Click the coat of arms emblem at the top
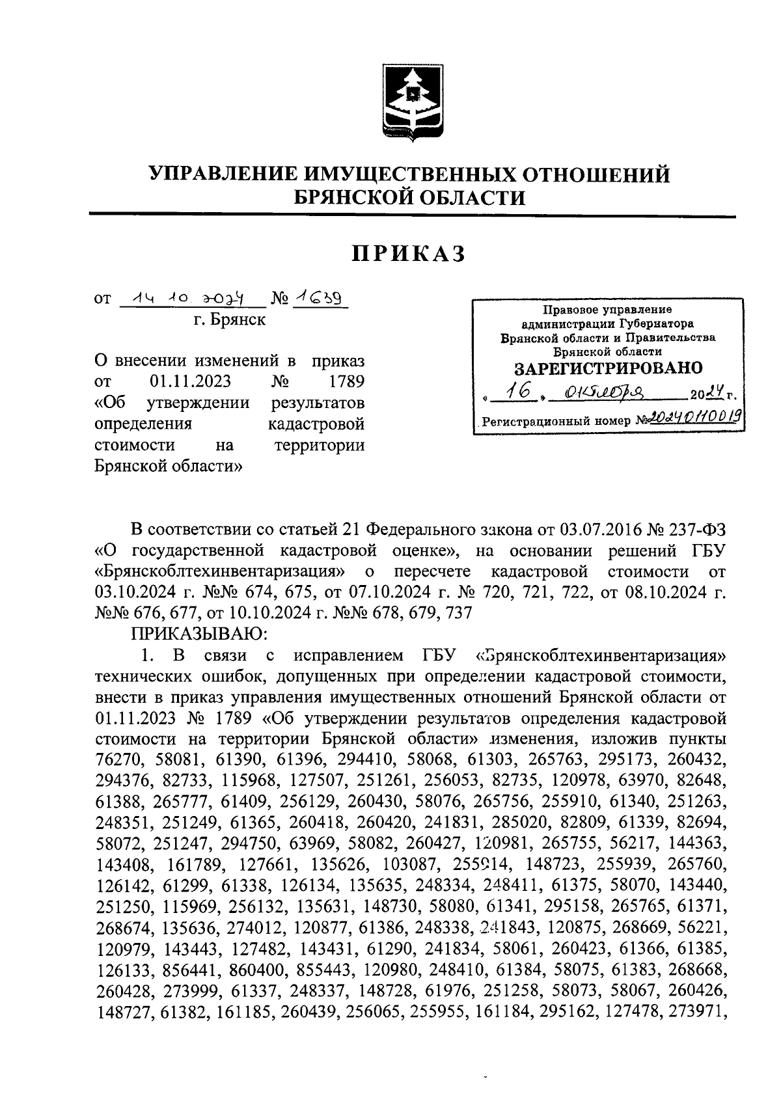409,103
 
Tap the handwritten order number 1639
321,297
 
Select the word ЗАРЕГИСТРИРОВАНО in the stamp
608,368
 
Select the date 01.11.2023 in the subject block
188,381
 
